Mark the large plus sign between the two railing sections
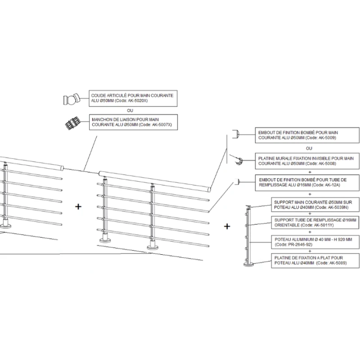click(x=79, y=206)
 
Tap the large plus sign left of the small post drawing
click(x=227, y=227)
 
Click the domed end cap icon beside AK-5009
click(x=237, y=134)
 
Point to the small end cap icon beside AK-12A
click(x=238, y=182)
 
